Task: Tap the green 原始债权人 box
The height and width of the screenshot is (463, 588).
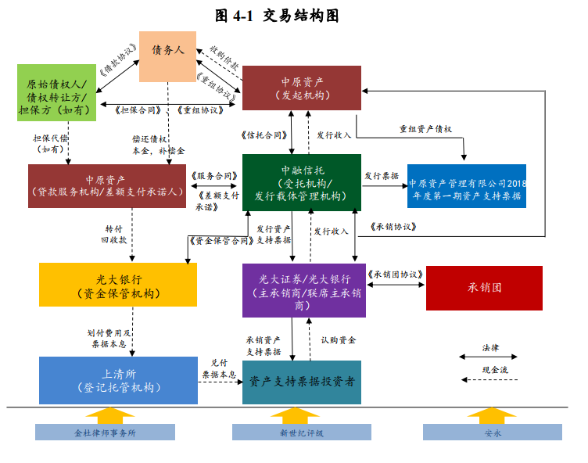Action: (59, 92)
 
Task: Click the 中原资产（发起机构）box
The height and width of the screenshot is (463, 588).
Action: (302, 87)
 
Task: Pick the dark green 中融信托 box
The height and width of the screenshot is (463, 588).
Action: (302, 182)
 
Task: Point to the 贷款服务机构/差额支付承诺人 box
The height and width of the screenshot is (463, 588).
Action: (106, 185)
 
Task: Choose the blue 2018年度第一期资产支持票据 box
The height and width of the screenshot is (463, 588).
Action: (467, 185)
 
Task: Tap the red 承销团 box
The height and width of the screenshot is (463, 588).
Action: (484, 288)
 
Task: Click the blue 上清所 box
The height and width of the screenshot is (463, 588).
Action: (118, 380)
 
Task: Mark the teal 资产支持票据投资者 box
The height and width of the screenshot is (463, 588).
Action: (302, 382)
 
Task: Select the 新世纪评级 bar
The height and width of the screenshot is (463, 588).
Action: (302, 432)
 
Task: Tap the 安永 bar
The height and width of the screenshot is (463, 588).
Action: (492, 432)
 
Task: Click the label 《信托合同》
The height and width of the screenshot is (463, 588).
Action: (265, 135)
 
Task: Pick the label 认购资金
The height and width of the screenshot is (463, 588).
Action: (338, 339)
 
